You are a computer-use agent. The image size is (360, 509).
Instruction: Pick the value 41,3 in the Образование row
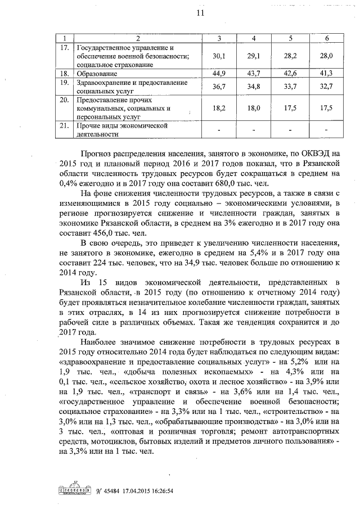327,74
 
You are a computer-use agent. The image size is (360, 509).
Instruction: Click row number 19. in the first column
64,83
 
